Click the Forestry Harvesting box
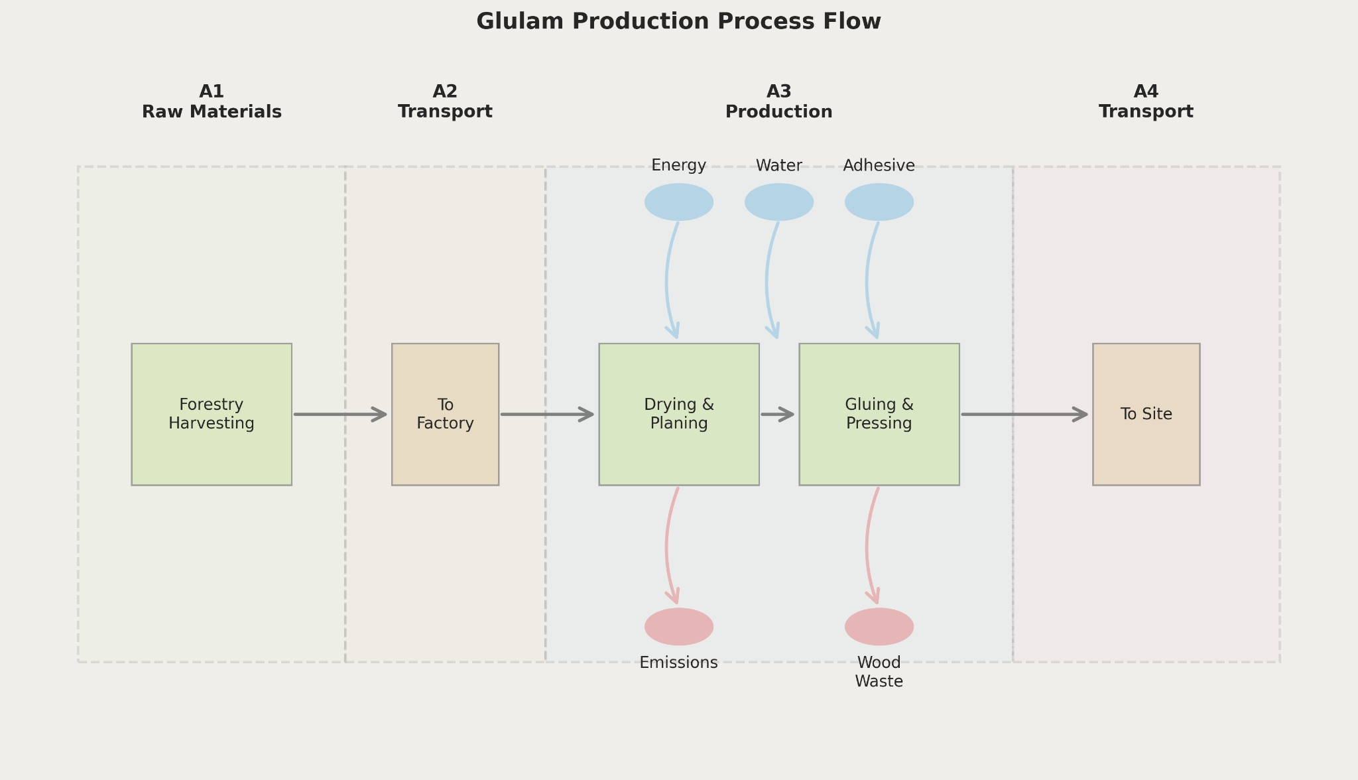click(x=212, y=414)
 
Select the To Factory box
click(x=445, y=414)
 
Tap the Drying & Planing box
click(x=679, y=414)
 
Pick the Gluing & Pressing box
click(x=879, y=414)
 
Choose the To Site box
click(x=1146, y=414)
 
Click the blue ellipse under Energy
click(x=679, y=202)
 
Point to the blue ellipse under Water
click(x=779, y=202)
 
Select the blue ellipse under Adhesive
click(x=879, y=202)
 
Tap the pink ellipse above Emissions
click(x=679, y=627)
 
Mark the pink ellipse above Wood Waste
click(x=879, y=627)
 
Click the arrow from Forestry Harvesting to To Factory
click(x=341, y=415)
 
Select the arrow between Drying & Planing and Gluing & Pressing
click(x=778, y=415)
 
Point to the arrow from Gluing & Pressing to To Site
click(x=1025, y=415)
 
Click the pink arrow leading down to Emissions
click(x=667, y=546)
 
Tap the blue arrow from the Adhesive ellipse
click(x=867, y=281)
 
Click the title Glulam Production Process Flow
click(x=678, y=22)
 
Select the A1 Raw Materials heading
click(x=212, y=101)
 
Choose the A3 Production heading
click(x=778, y=101)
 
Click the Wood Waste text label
click(x=879, y=672)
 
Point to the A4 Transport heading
click(x=1146, y=101)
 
